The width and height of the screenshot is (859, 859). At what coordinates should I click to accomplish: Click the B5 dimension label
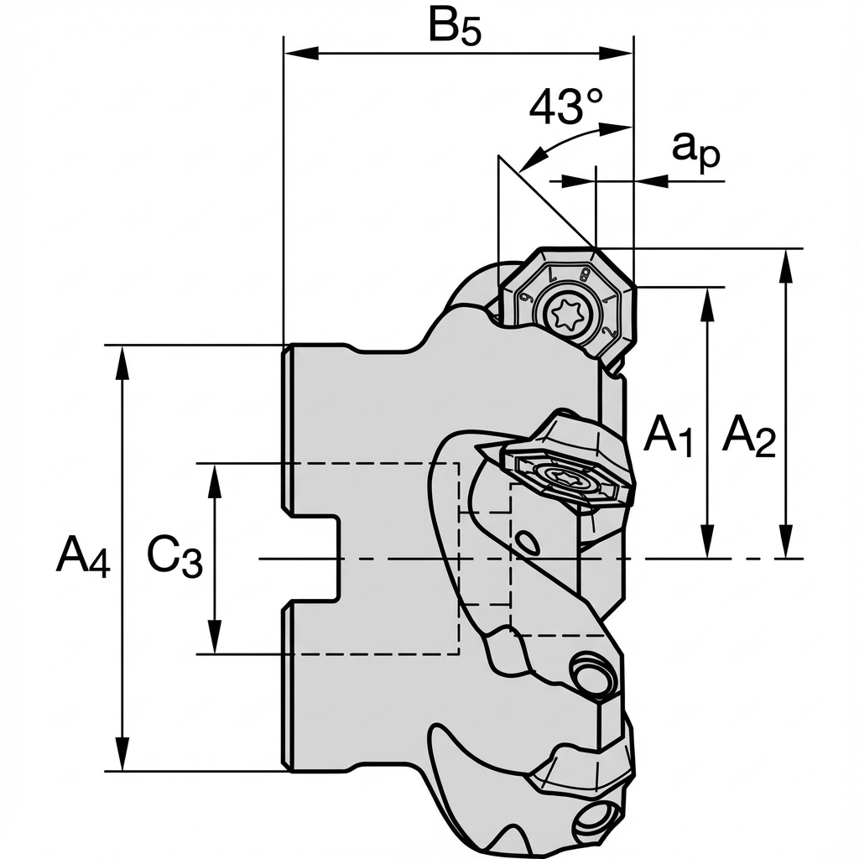point(456,28)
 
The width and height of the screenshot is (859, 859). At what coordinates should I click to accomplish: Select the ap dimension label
point(696,154)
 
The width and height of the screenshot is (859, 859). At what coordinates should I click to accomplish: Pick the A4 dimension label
point(83,556)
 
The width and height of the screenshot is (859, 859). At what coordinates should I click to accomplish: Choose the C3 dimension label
point(174,556)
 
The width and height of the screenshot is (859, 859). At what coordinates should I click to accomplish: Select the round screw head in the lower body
point(591,674)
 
